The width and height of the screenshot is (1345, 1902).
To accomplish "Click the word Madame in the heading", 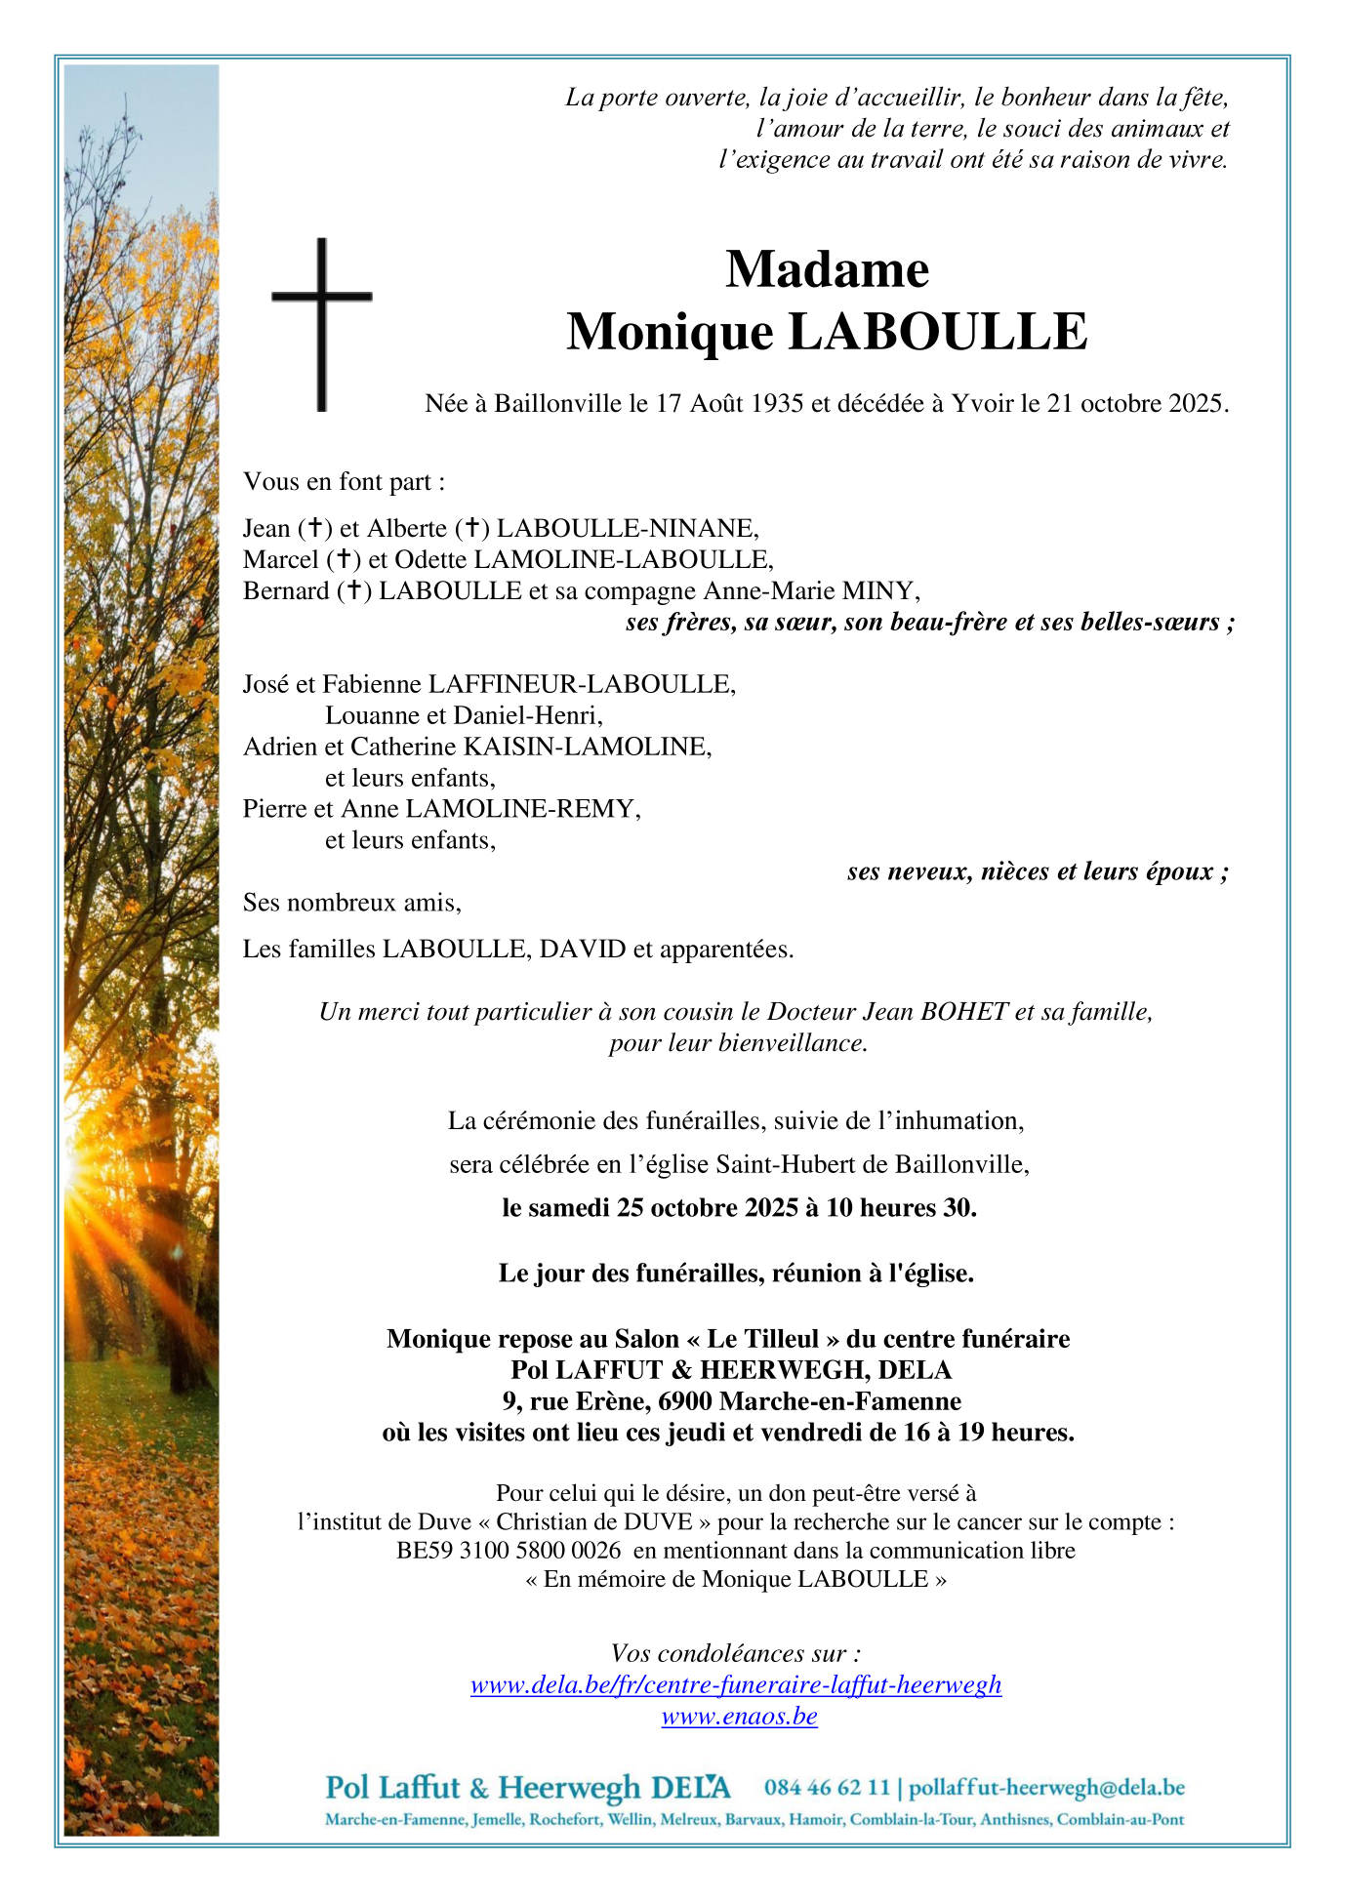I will pyautogui.click(x=827, y=269).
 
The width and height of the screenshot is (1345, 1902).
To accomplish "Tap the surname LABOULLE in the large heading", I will pyautogui.click(x=937, y=332).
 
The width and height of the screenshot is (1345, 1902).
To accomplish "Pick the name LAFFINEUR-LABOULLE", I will pyautogui.click(x=582, y=684).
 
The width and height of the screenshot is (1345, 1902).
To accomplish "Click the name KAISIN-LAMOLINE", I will pyautogui.click(x=587, y=747).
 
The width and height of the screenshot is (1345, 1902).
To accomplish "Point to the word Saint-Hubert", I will pyautogui.click(x=778, y=1163).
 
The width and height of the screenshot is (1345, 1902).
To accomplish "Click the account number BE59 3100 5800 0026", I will pyautogui.click(x=509, y=1551).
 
